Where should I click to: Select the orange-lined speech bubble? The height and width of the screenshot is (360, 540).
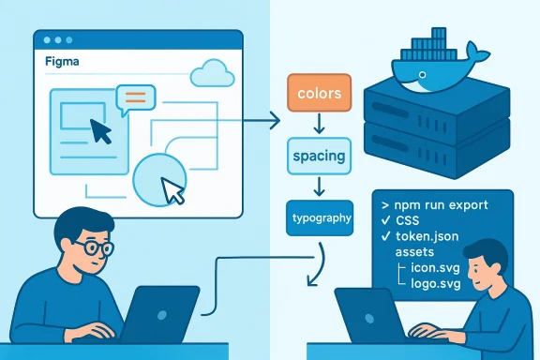point(135,97)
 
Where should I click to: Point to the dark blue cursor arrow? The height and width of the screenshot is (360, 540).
point(100,130)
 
